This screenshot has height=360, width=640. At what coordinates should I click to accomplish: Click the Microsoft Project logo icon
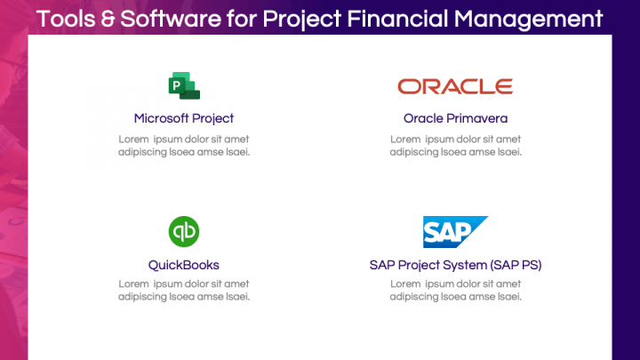(x=184, y=86)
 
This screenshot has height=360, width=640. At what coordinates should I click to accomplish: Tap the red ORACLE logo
(x=455, y=86)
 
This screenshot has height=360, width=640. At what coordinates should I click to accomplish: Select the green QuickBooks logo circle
(x=184, y=232)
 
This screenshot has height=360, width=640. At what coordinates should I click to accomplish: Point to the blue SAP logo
(x=454, y=232)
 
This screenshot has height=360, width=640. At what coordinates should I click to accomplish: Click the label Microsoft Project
(x=184, y=118)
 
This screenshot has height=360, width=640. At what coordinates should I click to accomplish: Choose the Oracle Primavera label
(x=455, y=118)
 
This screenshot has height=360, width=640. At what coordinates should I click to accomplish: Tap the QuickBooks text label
(x=184, y=265)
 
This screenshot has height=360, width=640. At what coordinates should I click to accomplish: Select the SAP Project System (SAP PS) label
(x=455, y=265)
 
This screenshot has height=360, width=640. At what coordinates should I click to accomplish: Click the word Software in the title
(x=180, y=18)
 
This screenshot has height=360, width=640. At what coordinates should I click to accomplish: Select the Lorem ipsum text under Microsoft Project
(x=184, y=145)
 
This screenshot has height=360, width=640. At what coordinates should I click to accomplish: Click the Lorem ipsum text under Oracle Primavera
(x=455, y=145)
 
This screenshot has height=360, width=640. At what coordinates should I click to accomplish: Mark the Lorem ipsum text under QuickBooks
(x=184, y=291)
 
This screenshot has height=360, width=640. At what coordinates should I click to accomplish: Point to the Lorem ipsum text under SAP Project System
(x=455, y=291)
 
